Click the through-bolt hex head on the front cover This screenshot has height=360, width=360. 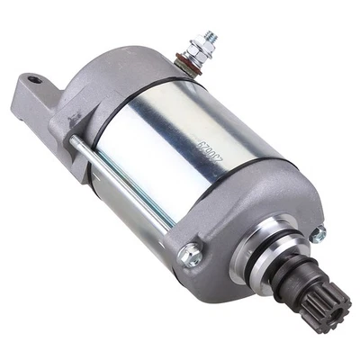(x=190, y=256)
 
